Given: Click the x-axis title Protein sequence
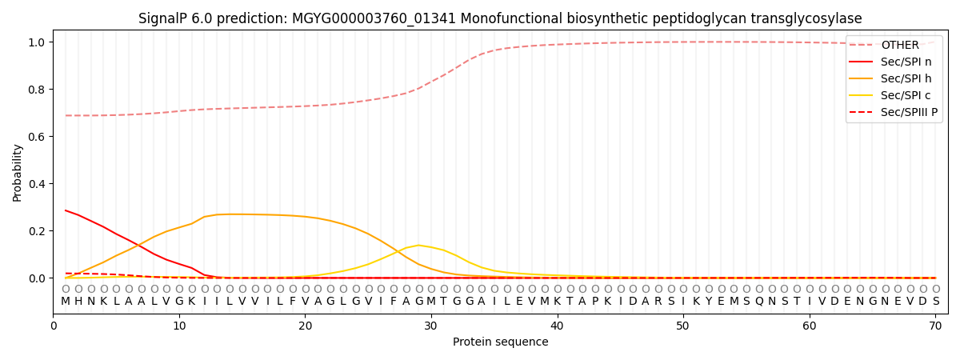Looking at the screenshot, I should (x=500, y=342).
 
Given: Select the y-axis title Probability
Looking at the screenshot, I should (x=17, y=172).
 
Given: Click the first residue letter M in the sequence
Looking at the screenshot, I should (x=66, y=302).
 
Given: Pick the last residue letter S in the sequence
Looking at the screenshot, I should (x=935, y=302).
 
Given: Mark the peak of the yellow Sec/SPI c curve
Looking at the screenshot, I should (x=418, y=245).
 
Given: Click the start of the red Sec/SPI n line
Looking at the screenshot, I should (x=66, y=210).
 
